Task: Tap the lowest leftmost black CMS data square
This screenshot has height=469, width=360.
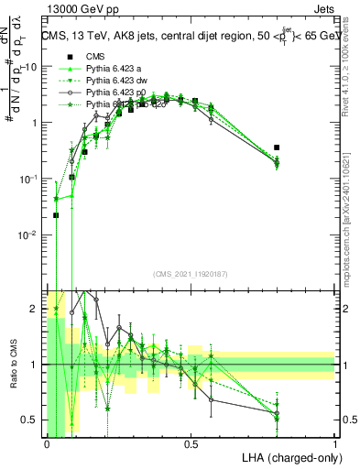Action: [x=56, y=215]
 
